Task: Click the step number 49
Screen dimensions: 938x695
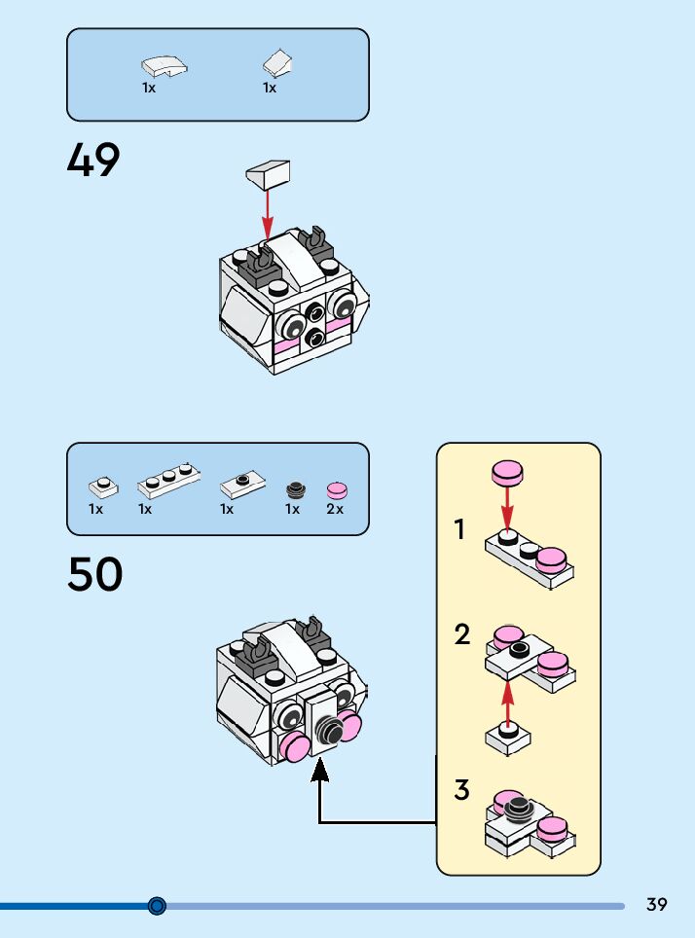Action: point(93,161)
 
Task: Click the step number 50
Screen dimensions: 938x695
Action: point(95,574)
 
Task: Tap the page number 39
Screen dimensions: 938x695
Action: point(657,905)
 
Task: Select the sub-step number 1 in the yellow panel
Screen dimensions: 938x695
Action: point(459,530)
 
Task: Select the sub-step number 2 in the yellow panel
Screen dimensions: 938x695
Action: point(462,634)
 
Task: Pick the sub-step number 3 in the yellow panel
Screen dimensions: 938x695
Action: point(462,790)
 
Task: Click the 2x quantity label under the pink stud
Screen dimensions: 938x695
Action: point(335,509)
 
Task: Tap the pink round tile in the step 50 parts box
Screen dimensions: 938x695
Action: point(337,489)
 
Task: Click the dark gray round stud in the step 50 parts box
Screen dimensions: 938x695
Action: point(294,489)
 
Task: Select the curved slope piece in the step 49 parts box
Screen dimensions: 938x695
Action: point(165,67)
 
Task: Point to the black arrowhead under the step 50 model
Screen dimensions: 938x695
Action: point(320,770)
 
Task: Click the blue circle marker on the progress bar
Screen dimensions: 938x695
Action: point(158,906)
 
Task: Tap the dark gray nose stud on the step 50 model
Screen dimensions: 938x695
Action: point(329,728)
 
